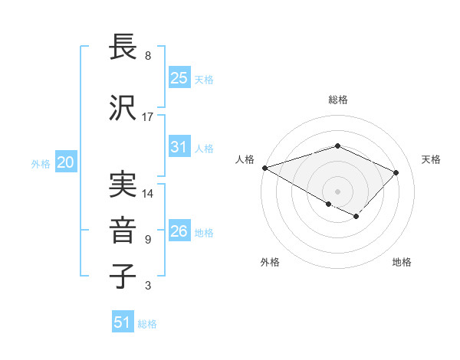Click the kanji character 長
123,49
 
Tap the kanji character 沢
123,109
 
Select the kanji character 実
123,184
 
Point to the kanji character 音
123,230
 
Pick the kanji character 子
123,276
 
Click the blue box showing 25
179,78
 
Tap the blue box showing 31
179,147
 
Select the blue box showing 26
179,231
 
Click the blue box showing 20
66,162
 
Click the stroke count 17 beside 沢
148,117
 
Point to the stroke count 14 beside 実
148,193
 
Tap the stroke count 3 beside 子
148,286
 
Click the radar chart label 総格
338,100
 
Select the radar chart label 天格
432,159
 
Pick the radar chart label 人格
245,159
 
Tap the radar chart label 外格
270,262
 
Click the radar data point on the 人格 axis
264,168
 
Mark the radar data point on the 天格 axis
396,172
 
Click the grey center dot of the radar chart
338,191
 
